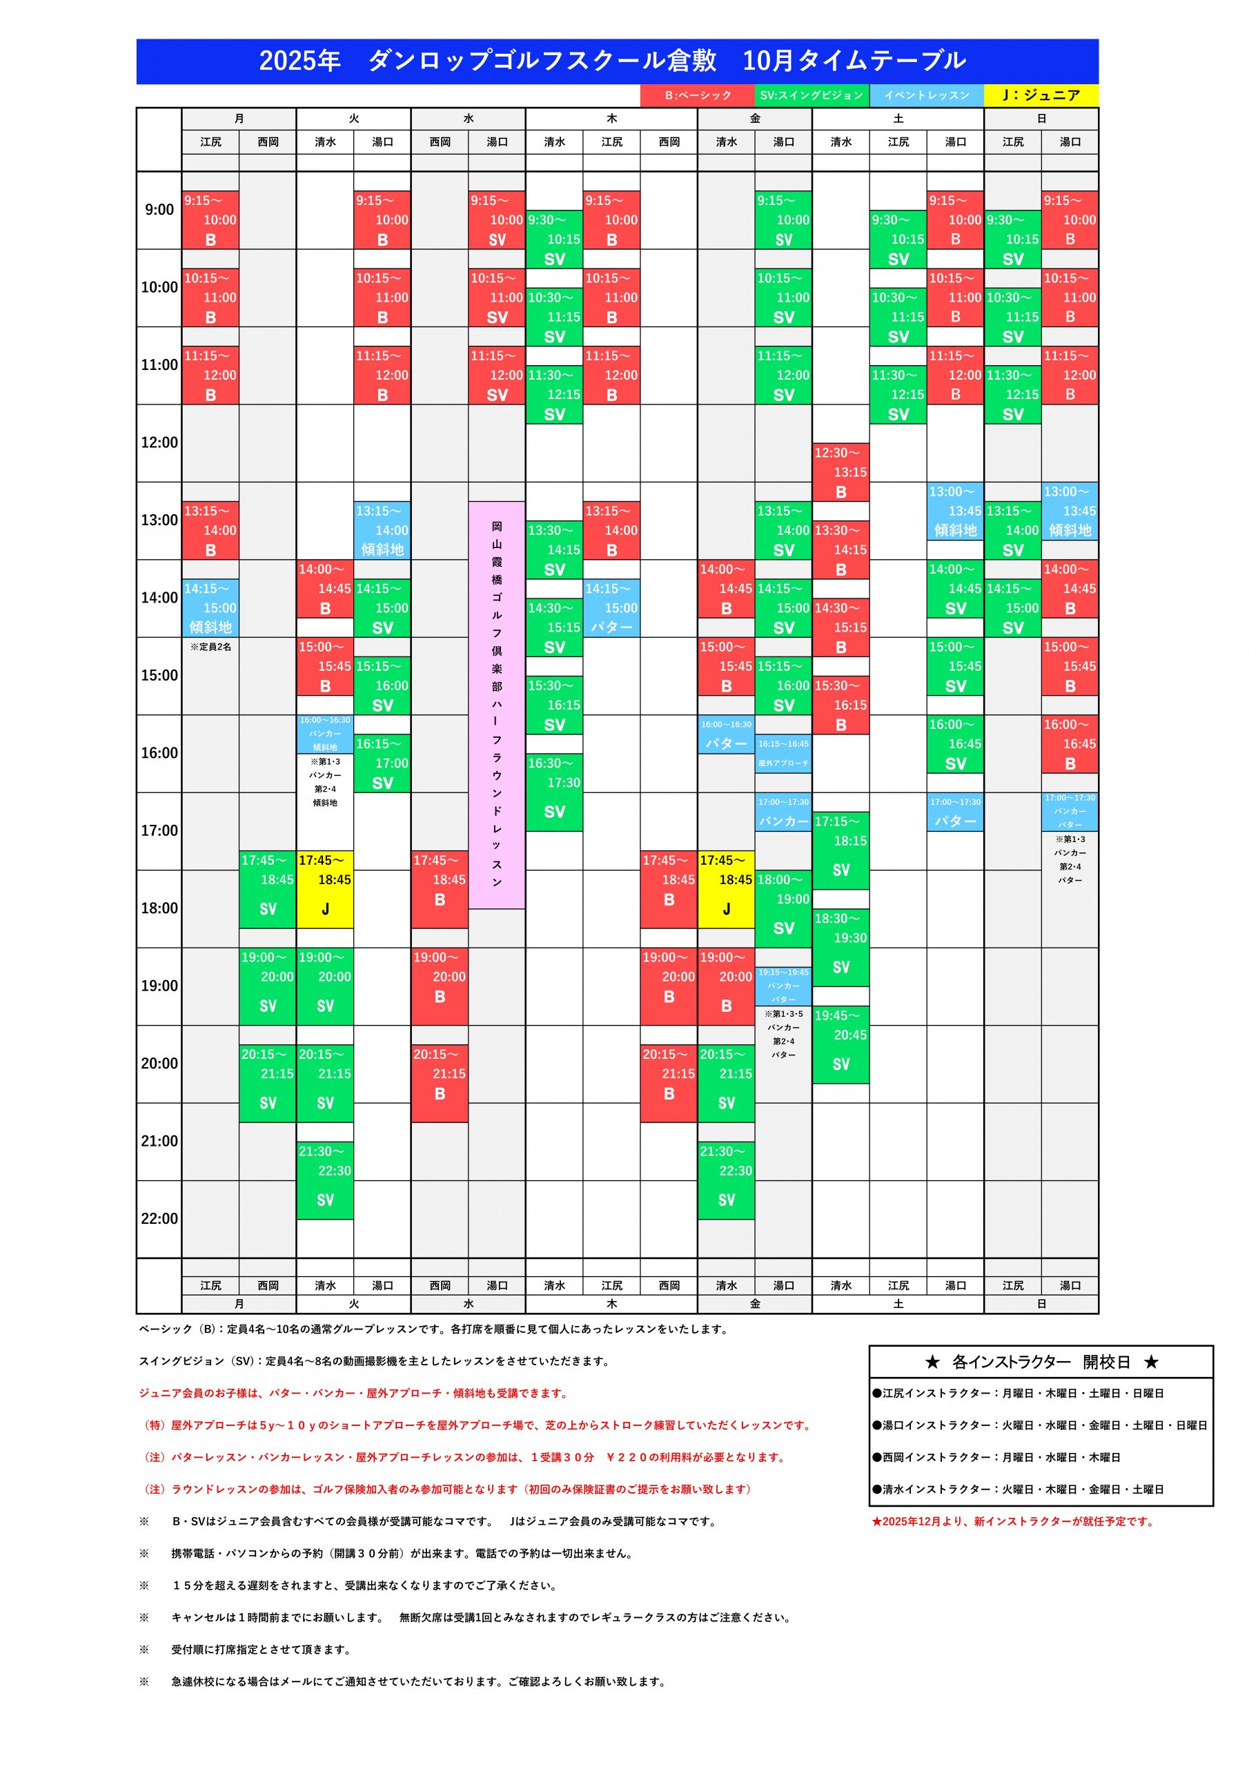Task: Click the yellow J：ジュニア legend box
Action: (1041, 95)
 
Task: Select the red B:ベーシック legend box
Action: (697, 95)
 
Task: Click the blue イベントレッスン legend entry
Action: (927, 95)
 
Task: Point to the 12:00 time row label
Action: (159, 442)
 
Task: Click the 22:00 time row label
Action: (159, 1218)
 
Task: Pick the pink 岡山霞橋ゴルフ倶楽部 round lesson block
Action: (497, 704)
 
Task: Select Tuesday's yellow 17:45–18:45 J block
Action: (325, 889)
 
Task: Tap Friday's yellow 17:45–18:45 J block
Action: (726, 889)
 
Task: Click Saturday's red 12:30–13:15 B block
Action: (840, 471)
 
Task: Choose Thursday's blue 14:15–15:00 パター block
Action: (611, 608)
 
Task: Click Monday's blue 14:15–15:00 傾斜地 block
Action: (210, 608)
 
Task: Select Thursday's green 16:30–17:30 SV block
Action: (554, 792)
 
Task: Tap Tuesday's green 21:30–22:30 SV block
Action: (325, 1180)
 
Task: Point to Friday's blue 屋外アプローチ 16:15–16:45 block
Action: (783, 754)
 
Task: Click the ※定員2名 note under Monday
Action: (210, 647)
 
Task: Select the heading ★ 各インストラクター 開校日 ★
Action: (1041, 1363)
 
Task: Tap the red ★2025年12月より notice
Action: (1013, 1521)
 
